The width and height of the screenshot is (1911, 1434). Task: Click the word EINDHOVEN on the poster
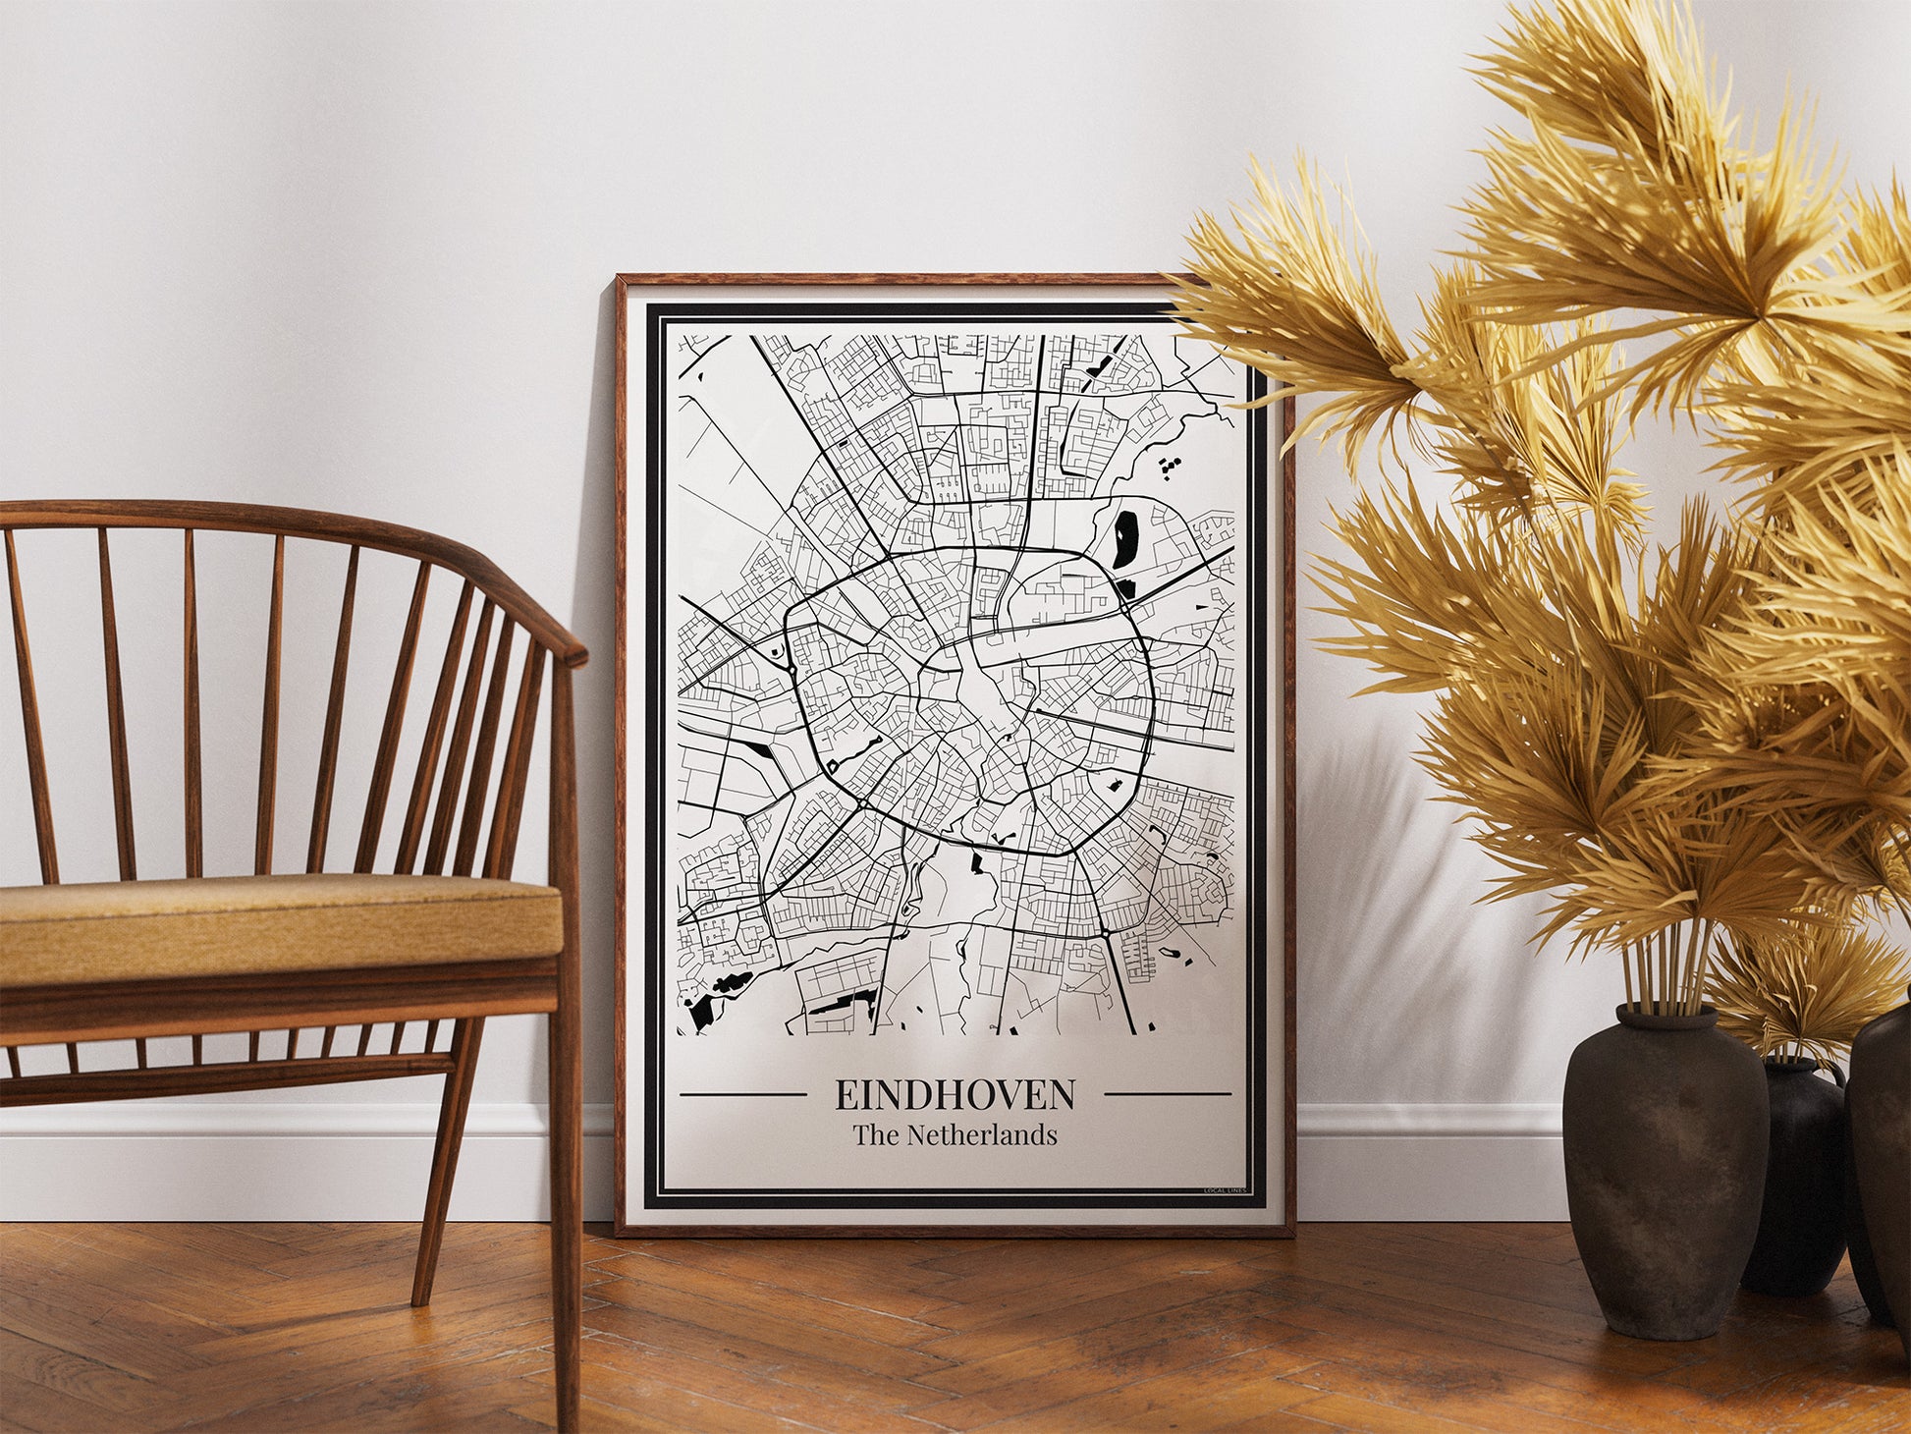pyautogui.click(x=955, y=1093)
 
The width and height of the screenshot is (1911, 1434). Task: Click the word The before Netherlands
pyautogui.click(x=876, y=1135)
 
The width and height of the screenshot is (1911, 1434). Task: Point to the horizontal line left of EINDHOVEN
pyautogui.click(x=742, y=1094)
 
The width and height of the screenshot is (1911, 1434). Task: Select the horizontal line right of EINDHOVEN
pyautogui.click(x=1168, y=1094)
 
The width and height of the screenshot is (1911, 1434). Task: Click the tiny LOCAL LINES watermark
pyautogui.click(x=1226, y=1190)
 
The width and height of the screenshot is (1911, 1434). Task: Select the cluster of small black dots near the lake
pyautogui.click(x=1169, y=467)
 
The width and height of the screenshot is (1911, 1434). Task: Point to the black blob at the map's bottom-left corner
pyautogui.click(x=701, y=1012)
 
